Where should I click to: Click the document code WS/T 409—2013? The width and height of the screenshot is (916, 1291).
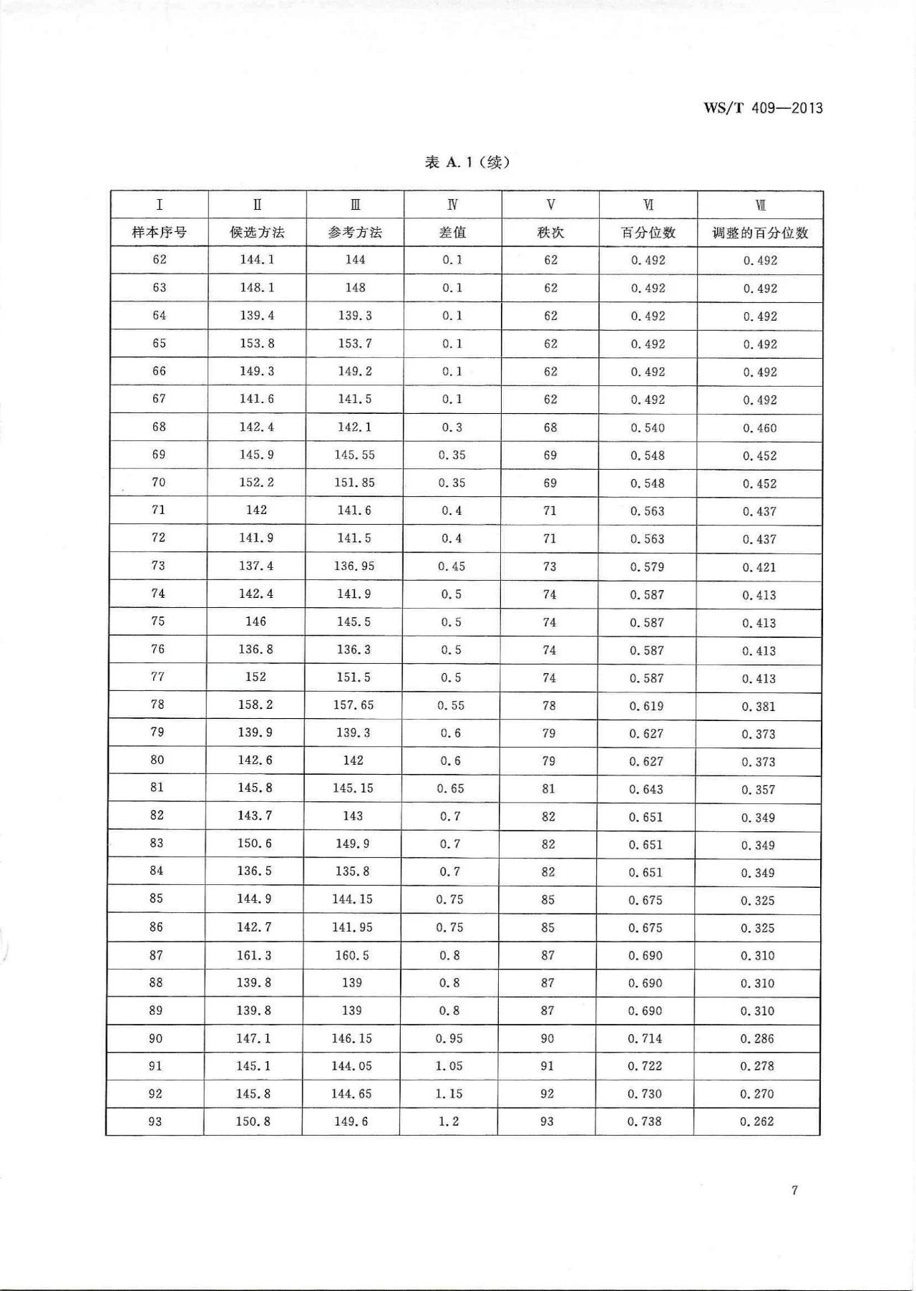[x=763, y=109]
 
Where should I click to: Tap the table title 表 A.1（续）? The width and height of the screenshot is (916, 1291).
[x=467, y=163]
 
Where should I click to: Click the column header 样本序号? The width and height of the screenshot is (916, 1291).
[x=159, y=233]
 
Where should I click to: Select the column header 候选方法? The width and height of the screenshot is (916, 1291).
[x=257, y=233]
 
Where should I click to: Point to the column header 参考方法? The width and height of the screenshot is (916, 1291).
[x=355, y=233]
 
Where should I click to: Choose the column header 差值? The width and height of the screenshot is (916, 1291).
[x=452, y=233]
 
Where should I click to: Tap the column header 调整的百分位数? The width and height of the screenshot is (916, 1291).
[x=760, y=233]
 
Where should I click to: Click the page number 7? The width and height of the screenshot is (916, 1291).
[x=794, y=1190]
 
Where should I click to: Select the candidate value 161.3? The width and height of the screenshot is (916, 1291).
[x=254, y=955]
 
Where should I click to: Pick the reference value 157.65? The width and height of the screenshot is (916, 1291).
[x=354, y=705]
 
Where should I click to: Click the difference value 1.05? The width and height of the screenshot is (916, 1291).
[x=449, y=1066]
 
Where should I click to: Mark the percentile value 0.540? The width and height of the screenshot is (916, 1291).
[x=648, y=428]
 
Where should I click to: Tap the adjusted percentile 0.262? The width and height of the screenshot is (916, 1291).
[x=757, y=1121]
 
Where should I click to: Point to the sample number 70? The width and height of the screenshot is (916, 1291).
[x=158, y=483]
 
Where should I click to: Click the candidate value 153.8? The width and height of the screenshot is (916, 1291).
[x=257, y=344]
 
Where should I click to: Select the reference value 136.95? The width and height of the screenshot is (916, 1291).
[x=354, y=566]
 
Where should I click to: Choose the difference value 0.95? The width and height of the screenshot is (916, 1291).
[x=449, y=1038]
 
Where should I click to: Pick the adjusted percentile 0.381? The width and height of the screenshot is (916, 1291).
[x=759, y=706]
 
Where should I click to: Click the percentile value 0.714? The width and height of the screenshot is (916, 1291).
[x=645, y=1038]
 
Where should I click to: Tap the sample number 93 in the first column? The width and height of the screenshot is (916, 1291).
[x=155, y=1121]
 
